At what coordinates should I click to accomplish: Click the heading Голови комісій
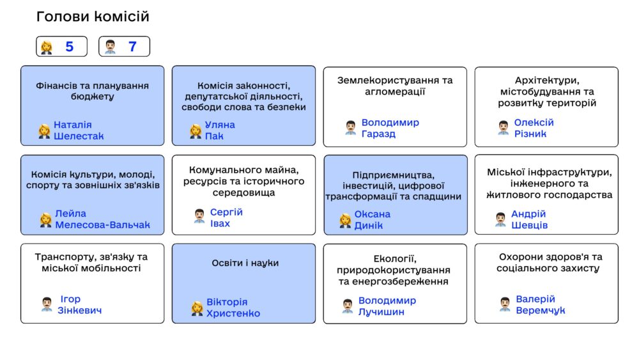pyautogui.click(x=93, y=17)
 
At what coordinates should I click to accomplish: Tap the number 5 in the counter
pyautogui.click(x=69, y=47)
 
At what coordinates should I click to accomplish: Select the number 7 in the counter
pyautogui.click(x=132, y=47)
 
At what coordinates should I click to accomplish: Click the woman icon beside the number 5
pyautogui.click(x=47, y=47)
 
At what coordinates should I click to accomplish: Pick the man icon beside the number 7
pyautogui.click(x=110, y=47)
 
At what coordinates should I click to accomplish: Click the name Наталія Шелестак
pyautogui.click(x=79, y=130)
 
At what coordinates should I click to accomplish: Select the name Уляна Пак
pyautogui.click(x=220, y=130)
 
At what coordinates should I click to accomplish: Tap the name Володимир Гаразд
pyautogui.click(x=390, y=128)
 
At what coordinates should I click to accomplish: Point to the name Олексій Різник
pyautogui.click(x=534, y=128)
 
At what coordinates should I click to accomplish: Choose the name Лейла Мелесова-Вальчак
pyautogui.click(x=102, y=219)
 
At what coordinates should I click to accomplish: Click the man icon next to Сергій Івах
pyautogui.click(x=199, y=216)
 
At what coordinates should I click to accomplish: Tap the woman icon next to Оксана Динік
pyautogui.click(x=345, y=221)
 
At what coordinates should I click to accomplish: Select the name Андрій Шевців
pyautogui.click(x=529, y=219)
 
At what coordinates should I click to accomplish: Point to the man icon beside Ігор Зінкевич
pyautogui.click(x=47, y=304)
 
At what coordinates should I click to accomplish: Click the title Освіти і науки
pyautogui.click(x=245, y=263)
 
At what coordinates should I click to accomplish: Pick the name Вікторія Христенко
pyautogui.click(x=233, y=308)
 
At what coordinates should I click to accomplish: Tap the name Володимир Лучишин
pyautogui.click(x=387, y=306)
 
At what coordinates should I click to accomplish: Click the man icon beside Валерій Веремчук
pyautogui.click(x=505, y=304)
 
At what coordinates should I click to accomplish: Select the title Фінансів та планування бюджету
pyautogui.click(x=93, y=91)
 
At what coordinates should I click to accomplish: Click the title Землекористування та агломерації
pyautogui.click(x=395, y=86)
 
